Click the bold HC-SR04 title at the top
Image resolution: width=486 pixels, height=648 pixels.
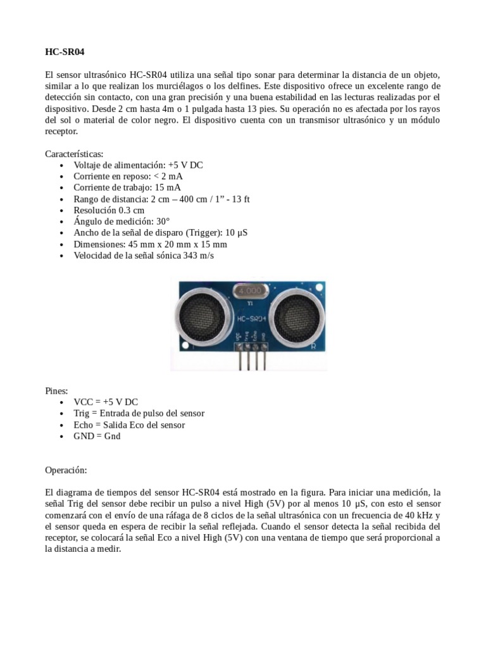click(65, 52)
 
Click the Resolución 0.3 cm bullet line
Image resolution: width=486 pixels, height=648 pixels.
click(109, 211)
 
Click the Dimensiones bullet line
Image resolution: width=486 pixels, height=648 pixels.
click(150, 245)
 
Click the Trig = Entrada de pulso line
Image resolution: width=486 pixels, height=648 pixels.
click(139, 414)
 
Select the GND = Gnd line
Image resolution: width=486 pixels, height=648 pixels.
click(97, 437)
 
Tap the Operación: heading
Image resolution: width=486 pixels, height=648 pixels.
click(66, 471)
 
